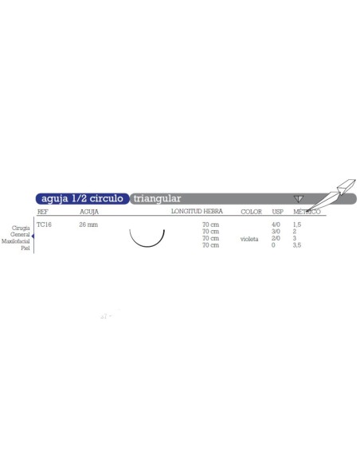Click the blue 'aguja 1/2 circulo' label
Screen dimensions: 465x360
tap(80, 198)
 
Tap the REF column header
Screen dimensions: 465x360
tap(43, 213)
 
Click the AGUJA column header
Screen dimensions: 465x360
tap(88, 213)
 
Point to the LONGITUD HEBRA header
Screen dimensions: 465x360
tap(197, 213)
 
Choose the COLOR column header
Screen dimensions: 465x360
tap(252, 213)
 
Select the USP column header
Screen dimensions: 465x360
tap(277, 213)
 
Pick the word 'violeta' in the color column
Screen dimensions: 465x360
tap(248, 239)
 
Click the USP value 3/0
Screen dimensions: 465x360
tap(276, 232)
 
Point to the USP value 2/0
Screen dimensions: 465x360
tap(276, 239)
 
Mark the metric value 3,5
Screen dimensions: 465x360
tap(297, 245)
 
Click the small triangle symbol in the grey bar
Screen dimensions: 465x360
tap(299, 198)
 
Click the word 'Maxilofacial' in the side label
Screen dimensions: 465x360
tap(18, 240)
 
